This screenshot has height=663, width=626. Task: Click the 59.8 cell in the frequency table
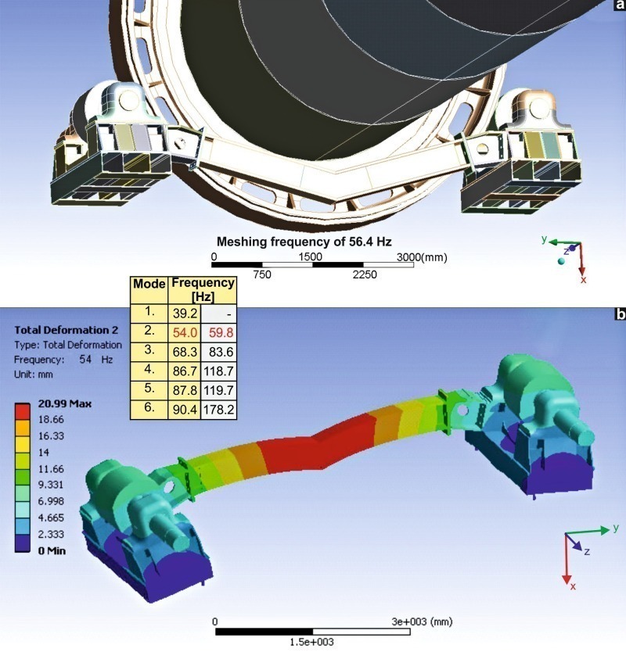coord(218,333)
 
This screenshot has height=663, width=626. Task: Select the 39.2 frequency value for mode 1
coord(185,314)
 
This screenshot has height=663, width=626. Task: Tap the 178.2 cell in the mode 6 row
coord(218,410)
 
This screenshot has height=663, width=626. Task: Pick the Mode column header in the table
coord(149,284)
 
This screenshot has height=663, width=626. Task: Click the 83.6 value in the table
coord(218,352)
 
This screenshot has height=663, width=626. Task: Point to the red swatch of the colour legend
coord(23,411)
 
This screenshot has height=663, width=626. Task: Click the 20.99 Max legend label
coord(65,403)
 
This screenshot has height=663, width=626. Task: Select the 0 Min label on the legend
coord(52,550)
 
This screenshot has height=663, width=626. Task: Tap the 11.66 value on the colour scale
coord(51,468)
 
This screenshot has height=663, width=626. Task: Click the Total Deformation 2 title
coord(66,330)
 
